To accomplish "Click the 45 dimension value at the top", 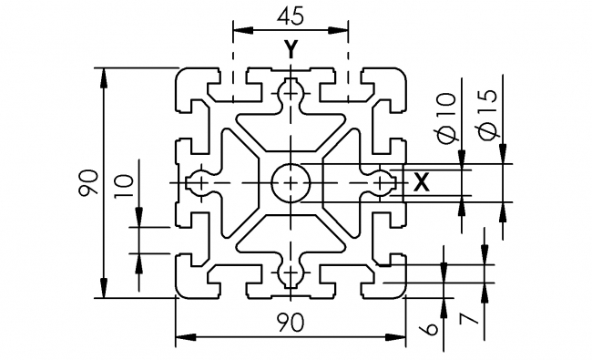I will [290, 16].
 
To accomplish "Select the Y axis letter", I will [290, 51].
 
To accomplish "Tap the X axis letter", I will [420, 182].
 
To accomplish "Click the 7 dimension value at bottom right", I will [470, 318].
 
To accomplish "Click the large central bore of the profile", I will [290, 182].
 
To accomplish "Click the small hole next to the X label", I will [381, 182].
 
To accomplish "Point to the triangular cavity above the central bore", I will [290, 128].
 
